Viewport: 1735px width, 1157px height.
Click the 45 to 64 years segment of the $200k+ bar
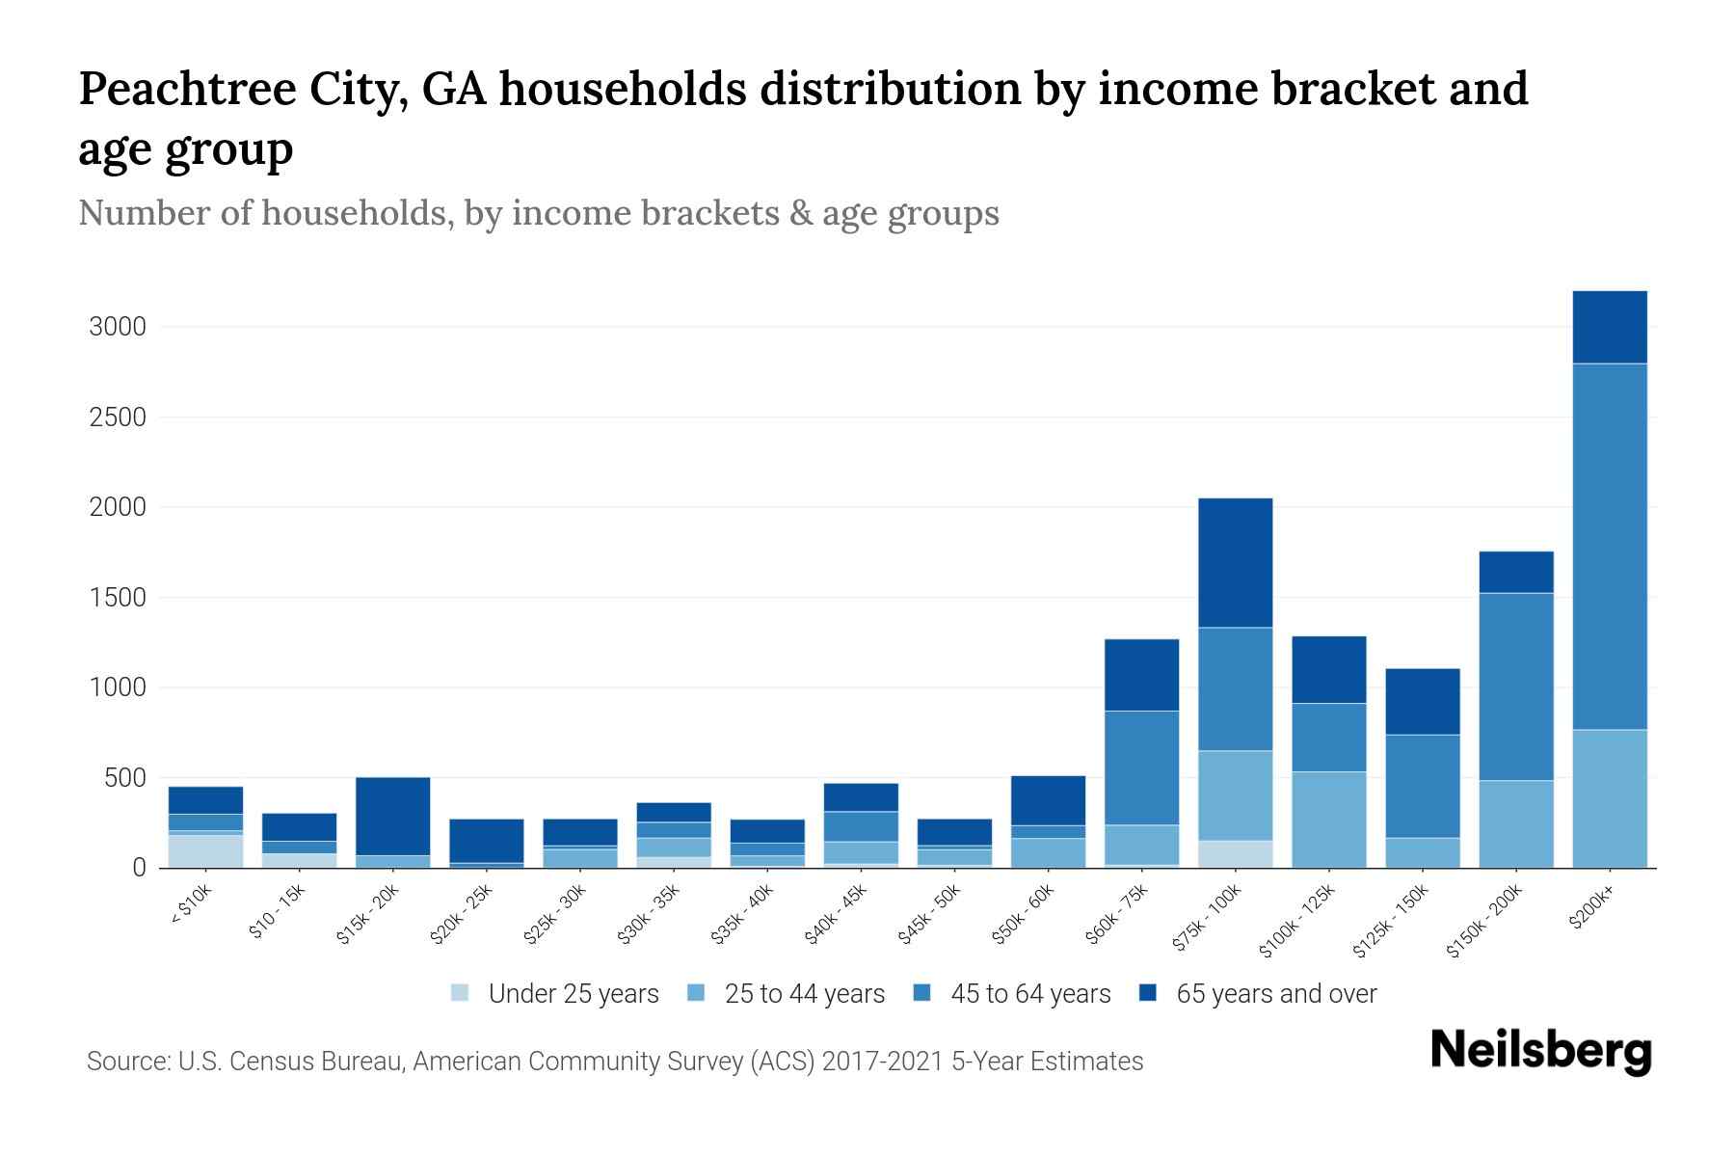click(1610, 546)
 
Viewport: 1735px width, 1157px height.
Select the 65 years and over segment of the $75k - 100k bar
click(1235, 563)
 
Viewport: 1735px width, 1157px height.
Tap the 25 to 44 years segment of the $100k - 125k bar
click(1328, 820)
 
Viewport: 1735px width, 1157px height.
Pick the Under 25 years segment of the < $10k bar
click(205, 851)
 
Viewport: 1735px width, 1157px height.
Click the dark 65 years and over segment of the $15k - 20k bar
click(392, 816)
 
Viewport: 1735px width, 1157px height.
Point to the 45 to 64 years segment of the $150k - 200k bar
click(1516, 686)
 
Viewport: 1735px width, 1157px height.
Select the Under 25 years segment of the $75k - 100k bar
click(1235, 854)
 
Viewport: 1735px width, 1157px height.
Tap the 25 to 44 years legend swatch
click(696, 993)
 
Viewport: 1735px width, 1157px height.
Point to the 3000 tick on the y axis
click(118, 327)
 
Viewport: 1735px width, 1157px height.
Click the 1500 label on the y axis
click(118, 598)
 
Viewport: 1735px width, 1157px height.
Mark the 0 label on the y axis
click(139, 868)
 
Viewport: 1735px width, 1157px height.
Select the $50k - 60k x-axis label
click(1025, 914)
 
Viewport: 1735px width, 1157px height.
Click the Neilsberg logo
click(1540, 1051)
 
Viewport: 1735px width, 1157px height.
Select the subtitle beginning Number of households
click(538, 213)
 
